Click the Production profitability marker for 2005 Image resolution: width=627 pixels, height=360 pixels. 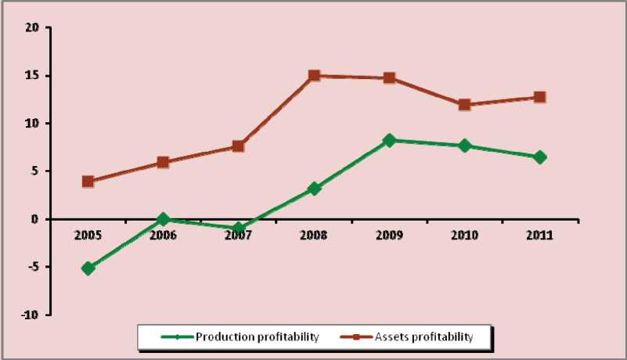pos(88,268)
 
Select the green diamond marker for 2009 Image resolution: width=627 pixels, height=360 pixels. pos(389,140)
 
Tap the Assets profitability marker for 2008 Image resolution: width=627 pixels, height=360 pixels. pos(314,76)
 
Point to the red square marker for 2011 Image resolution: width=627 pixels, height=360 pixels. pos(539,97)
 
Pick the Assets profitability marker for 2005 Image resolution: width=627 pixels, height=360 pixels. pos(88,182)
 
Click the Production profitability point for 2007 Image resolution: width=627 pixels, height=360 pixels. pos(238,228)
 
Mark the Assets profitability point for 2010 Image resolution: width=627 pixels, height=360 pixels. pos(464,104)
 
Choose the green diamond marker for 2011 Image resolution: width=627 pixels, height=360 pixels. pos(539,157)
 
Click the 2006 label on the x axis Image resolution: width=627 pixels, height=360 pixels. pos(163,236)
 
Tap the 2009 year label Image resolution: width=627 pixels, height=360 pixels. pos(389,236)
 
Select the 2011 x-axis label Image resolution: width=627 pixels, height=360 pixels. pos(539,236)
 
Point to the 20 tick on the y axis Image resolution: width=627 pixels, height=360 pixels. pos(32,28)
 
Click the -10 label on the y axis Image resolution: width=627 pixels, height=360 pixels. pos(30,315)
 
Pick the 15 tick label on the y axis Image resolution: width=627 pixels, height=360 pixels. pos(32,76)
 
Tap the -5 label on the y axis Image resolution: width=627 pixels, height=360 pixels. pos(32,267)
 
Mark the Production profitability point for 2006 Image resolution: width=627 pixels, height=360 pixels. pos(163,219)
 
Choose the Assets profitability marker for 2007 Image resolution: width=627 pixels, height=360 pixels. pos(238,146)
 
